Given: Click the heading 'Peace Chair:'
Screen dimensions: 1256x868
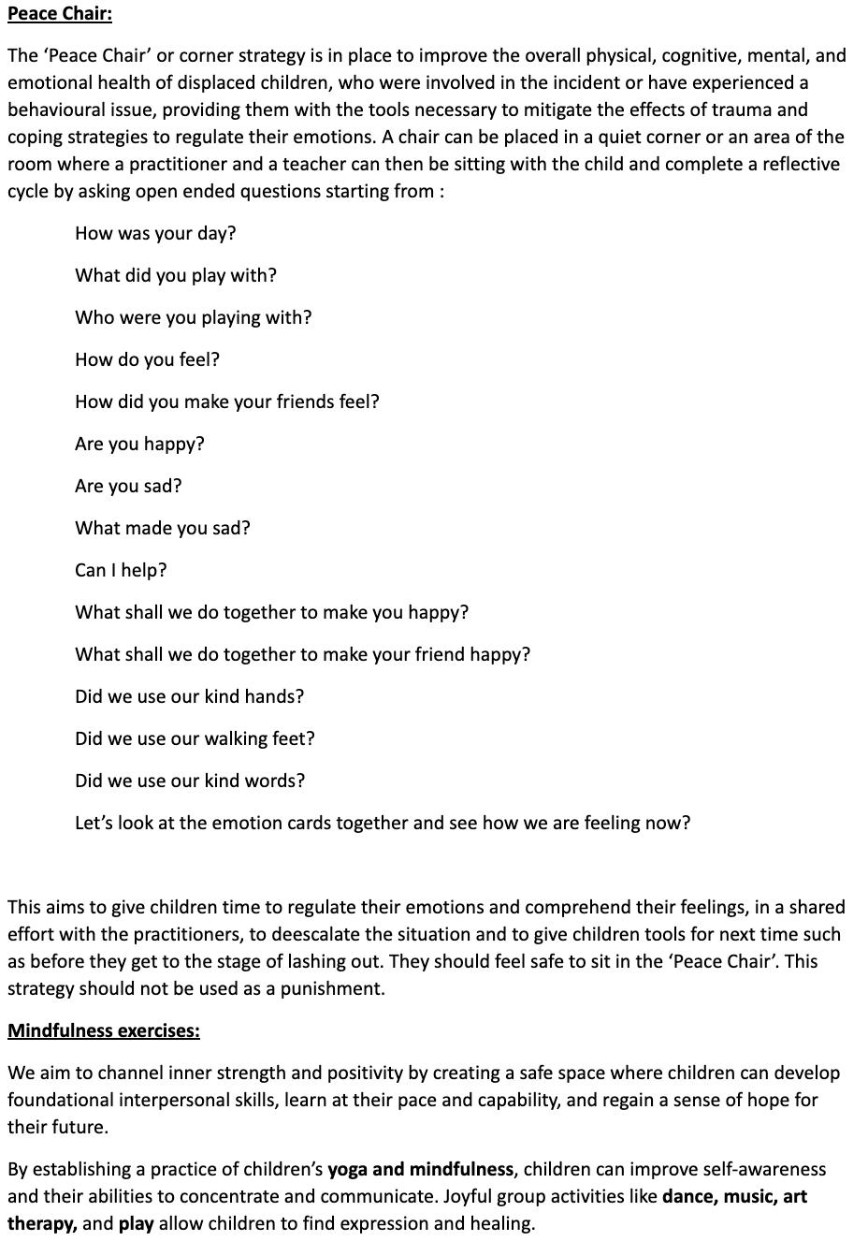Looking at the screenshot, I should click(x=60, y=14).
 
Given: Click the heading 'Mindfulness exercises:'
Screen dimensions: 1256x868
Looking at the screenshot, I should click(x=104, y=1030).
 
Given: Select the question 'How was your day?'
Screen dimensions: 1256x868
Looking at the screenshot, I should click(x=155, y=233).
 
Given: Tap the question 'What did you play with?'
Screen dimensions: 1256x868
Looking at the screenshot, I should click(x=176, y=275).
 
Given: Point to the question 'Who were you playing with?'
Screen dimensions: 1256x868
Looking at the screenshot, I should click(x=194, y=317).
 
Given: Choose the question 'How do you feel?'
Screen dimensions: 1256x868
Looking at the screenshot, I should click(x=147, y=359).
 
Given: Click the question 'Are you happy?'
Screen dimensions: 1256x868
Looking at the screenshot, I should click(x=139, y=444).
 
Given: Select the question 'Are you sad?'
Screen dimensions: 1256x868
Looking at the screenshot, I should click(x=128, y=486).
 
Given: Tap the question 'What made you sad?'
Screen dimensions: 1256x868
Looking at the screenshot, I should click(x=163, y=528).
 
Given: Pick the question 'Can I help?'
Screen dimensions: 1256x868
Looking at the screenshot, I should click(x=121, y=570).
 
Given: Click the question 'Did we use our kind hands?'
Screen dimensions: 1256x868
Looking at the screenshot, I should click(x=189, y=696).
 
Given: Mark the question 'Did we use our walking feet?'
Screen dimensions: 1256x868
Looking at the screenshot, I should click(x=195, y=738).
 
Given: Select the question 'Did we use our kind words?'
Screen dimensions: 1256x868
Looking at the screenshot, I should click(x=190, y=781).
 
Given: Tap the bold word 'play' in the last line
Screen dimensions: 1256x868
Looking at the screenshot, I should click(x=136, y=1223).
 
